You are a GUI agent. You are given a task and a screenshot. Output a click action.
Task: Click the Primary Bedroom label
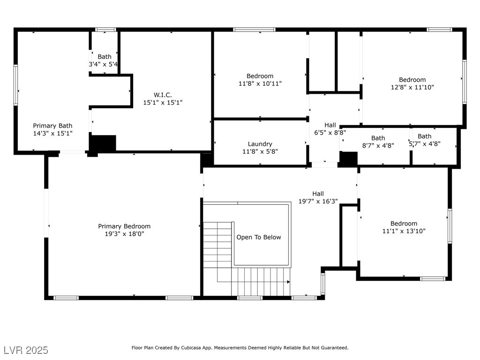pos(124,226)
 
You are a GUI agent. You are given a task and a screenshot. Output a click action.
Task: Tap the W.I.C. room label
pos(163,95)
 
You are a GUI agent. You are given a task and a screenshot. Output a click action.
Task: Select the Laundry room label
pos(260,144)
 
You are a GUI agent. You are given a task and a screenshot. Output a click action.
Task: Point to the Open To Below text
pos(259,237)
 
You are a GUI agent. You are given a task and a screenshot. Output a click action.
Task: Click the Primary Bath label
pos(52,126)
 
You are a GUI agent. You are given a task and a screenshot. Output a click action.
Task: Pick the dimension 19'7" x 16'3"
pos(318,201)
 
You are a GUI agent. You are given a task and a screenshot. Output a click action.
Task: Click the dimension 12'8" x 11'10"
pos(412,87)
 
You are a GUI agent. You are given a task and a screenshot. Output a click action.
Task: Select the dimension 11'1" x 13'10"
pos(404,231)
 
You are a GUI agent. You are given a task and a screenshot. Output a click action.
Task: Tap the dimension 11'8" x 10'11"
pos(260,83)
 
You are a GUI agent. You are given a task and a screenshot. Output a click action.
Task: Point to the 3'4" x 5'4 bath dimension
pos(103,64)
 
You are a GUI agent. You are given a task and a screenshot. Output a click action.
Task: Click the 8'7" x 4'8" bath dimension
pos(378,146)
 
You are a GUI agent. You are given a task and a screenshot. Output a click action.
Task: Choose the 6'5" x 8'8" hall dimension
pos(330,133)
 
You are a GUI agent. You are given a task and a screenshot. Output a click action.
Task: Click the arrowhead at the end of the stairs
pos(288,282)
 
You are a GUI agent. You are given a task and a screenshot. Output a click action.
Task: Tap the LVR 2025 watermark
pos(26,350)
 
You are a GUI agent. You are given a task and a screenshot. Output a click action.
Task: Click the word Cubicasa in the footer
pos(190,348)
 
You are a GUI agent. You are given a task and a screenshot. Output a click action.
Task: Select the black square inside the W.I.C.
pos(103,143)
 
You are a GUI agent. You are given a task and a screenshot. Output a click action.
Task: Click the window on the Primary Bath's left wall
pos(15,85)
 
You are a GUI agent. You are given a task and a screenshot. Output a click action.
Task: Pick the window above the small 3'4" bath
pos(105,30)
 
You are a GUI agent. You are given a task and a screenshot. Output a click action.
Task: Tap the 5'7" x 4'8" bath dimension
pos(425,144)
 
